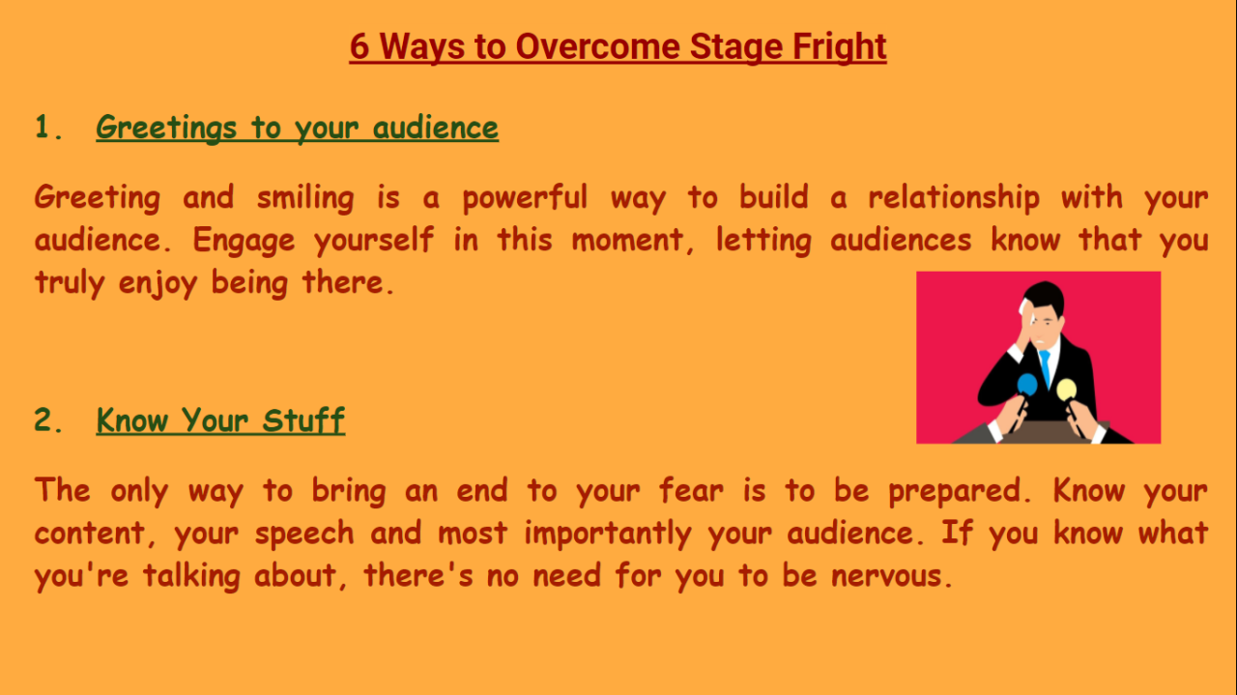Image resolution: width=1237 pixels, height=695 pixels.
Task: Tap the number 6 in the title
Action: (x=360, y=46)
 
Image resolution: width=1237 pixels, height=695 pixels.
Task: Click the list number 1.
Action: (x=43, y=128)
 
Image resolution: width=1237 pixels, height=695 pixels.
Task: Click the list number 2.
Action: (x=43, y=420)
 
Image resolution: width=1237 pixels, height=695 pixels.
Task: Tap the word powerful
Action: (x=524, y=198)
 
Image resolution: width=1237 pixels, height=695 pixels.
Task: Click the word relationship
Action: (x=953, y=198)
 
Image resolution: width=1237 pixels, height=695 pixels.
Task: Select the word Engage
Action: (x=244, y=241)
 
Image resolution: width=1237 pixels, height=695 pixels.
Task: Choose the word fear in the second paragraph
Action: (x=691, y=491)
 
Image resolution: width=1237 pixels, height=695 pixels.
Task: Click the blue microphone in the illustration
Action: (x=1027, y=385)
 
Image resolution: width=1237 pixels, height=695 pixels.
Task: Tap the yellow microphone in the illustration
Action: (x=1066, y=389)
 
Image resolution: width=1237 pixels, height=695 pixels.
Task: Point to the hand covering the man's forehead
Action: (x=1025, y=319)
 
